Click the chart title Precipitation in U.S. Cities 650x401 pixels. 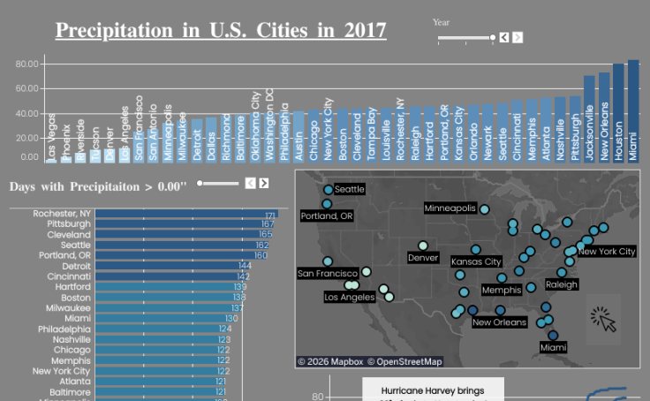pyautogui.click(x=221, y=30)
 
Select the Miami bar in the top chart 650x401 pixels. pyautogui.click(x=633, y=110)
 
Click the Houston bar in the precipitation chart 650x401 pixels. pyautogui.click(x=618, y=112)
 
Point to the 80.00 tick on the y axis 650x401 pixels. pyautogui.click(x=27, y=64)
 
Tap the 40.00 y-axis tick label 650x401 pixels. pyautogui.click(x=27, y=114)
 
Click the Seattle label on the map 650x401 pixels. pyautogui.click(x=349, y=189)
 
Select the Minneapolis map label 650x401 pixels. pyautogui.click(x=450, y=208)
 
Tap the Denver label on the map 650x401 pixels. pyautogui.click(x=423, y=258)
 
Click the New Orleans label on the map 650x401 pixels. pyautogui.click(x=499, y=322)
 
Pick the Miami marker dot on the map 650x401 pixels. pyautogui.click(x=553, y=335)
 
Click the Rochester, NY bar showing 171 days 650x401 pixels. pyautogui.click(x=186, y=215)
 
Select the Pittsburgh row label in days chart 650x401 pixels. pyautogui.click(x=69, y=224)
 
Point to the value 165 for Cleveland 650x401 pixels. pyautogui.click(x=266, y=235)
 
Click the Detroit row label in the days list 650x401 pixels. pyautogui.click(x=76, y=266)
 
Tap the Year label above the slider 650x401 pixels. pyautogui.click(x=441, y=22)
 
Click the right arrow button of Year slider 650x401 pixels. pyautogui.click(x=518, y=37)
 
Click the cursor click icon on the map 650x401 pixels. pyautogui.click(x=603, y=319)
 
